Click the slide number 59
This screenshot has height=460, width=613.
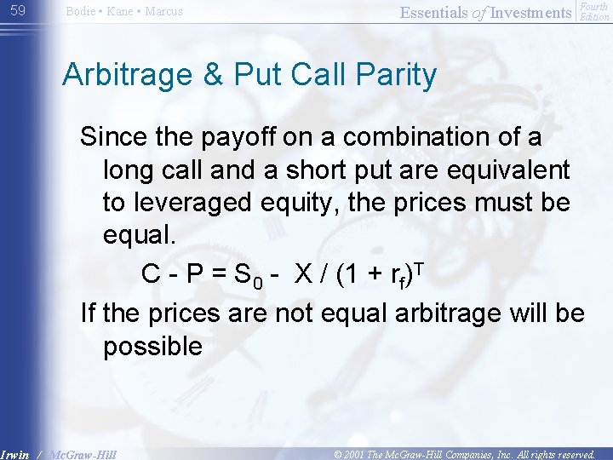point(17,11)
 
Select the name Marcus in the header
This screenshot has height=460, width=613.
point(163,12)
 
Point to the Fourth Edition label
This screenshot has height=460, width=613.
point(593,11)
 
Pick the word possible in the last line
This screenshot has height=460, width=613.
point(152,347)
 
